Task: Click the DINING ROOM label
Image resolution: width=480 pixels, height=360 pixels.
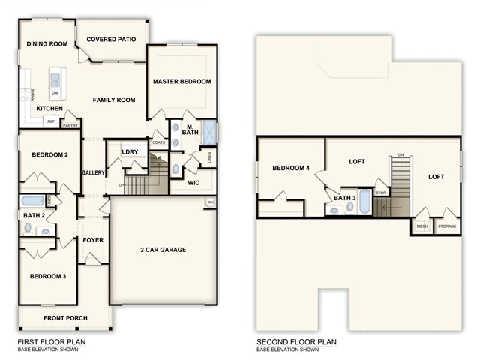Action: (47, 44)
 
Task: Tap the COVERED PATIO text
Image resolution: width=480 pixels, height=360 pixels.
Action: (111, 39)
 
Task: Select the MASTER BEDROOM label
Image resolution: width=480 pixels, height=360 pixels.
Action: (181, 81)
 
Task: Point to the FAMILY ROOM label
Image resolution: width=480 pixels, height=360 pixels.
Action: (114, 100)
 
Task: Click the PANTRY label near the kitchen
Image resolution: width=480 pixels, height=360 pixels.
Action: (70, 125)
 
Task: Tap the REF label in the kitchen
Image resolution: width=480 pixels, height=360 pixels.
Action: (51, 121)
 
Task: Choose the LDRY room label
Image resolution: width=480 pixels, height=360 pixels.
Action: (130, 152)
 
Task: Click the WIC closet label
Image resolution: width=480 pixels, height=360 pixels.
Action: (193, 182)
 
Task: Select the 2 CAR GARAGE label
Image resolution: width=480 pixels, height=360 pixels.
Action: (163, 250)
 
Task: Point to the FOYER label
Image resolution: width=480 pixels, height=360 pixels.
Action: (93, 240)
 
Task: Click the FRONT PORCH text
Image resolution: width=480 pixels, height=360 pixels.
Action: (65, 318)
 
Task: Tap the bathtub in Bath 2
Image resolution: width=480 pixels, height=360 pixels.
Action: (33, 201)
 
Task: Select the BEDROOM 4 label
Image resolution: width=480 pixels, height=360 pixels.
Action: (291, 168)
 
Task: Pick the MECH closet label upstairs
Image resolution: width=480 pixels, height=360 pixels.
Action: (421, 225)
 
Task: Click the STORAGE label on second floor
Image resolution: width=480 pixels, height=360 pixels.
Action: (447, 225)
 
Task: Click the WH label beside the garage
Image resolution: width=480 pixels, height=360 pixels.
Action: (210, 202)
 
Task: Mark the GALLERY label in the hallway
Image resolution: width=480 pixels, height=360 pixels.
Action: (93, 172)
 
